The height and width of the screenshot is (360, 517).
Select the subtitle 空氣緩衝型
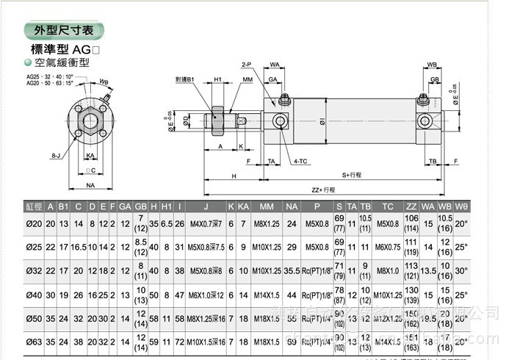pos(62,62)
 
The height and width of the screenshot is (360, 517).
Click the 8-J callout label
pos(56,155)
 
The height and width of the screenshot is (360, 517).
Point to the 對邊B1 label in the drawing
pos(184,79)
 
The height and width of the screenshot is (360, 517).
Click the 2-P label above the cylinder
pos(246,65)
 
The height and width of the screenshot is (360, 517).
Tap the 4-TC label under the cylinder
pos(300,160)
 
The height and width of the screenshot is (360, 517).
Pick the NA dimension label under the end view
pos(90,186)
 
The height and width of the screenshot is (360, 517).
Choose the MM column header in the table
pos(267,206)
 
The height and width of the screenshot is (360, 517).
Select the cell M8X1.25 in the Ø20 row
pos(267,223)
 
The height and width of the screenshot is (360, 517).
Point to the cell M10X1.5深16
pos(206,342)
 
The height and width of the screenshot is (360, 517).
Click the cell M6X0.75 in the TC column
pos(388,247)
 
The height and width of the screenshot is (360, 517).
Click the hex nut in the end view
pos(90,118)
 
